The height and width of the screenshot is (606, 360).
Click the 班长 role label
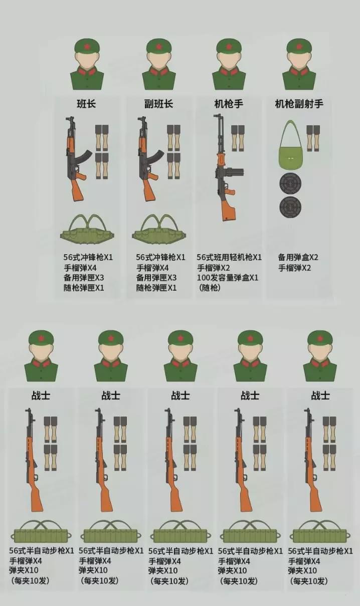tap(86, 104)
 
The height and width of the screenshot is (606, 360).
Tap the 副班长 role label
tap(158, 104)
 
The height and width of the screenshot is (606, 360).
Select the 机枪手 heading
tap(229, 104)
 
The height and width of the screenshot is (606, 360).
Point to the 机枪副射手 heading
tap(299, 104)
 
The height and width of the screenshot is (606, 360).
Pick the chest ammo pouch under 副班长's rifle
tap(158, 232)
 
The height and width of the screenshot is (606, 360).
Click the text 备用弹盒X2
tap(298, 257)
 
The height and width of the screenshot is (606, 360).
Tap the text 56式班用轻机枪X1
tap(229, 257)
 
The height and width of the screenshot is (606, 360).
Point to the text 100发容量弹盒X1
tap(228, 277)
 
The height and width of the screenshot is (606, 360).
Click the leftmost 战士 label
tap(41, 395)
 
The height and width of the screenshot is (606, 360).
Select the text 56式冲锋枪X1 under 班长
tap(88, 257)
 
